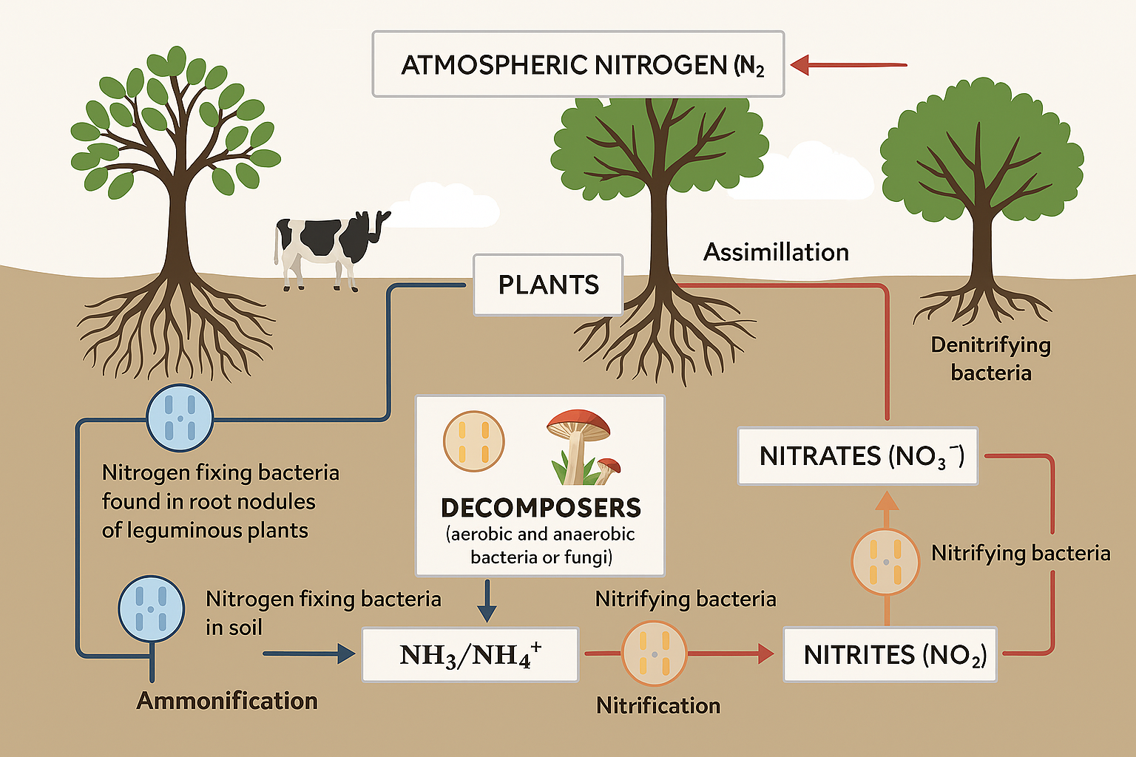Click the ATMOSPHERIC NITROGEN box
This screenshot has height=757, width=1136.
click(x=578, y=64)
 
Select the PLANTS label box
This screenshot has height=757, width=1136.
click(x=548, y=285)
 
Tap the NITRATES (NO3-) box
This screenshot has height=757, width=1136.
click(x=858, y=455)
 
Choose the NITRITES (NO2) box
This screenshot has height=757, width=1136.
click(x=890, y=654)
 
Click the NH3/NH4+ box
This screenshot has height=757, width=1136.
click(x=470, y=654)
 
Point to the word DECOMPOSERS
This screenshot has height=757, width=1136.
click(x=541, y=508)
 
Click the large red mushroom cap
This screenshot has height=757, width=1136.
click(x=578, y=424)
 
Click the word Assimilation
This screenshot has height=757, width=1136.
click(x=776, y=252)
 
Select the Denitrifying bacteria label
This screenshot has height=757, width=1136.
click(x=990, y=359)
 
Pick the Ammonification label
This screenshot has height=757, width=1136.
click(x=227, y=700)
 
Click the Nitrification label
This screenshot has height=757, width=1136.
click(x=658, y=705)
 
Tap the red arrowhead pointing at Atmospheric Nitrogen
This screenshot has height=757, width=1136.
click(x=801, y=65)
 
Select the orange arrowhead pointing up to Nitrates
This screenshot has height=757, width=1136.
click(x=887, y=500)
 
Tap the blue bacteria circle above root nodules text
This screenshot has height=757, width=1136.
click(x=180, y=418)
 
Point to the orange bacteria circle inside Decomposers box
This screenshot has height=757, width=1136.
click(x=473, y=442)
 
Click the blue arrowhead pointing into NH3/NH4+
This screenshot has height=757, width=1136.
click(x=345, y=654)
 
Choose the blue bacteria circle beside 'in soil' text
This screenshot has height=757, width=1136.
click(x=152, y=608)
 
